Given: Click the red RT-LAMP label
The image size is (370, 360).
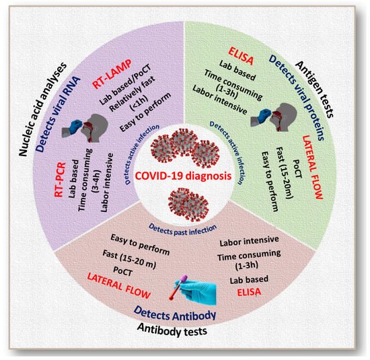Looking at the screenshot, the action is tap(112, 73).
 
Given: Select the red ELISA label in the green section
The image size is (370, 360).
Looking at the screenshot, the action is tap(241, 56).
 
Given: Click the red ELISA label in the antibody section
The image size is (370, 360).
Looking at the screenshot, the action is tap(249, 292).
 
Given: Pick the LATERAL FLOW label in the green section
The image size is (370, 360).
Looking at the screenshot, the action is tap(312, 167).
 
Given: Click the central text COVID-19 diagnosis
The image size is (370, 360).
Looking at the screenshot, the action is tap(183, 176).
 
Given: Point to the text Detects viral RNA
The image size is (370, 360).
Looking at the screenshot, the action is tap(58, 114).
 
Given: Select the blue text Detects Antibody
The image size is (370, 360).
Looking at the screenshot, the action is tap(175, 314).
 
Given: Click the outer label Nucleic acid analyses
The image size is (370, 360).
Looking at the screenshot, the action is tap(42, 110).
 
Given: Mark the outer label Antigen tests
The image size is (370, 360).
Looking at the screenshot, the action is tap(315, 89).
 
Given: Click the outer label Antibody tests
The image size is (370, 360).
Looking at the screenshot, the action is tap(172, 330).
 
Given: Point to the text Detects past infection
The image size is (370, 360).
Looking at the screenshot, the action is tap(182, 229).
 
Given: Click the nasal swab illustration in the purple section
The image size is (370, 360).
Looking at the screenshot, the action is tap(85, 128).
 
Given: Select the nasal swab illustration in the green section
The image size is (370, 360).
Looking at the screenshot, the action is tap(274, 117).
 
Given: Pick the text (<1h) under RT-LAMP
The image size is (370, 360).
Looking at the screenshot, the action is tap(140, 103).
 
